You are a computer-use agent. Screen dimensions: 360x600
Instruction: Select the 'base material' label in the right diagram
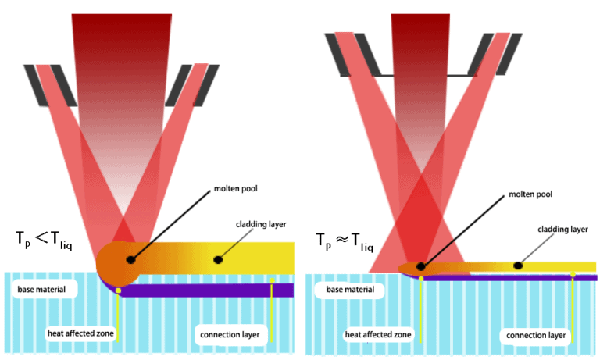coord(344,290)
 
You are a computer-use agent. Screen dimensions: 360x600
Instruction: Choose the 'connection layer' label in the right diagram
coord(535,336)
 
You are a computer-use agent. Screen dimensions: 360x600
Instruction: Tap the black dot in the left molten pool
coord(130,258)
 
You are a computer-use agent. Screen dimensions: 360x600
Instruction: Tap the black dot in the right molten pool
coord(421,267)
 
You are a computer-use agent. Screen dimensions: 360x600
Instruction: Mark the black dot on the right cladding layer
coord(518,266)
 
